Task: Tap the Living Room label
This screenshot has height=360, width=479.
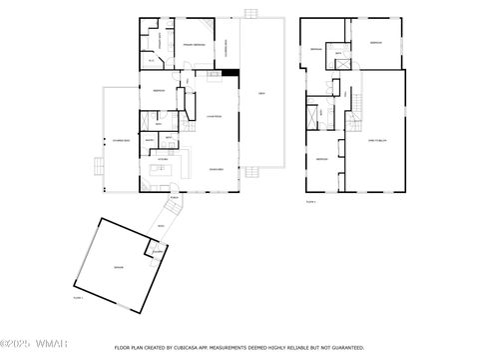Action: (x=214, y=117)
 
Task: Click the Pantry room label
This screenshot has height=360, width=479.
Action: (x=149, y=141)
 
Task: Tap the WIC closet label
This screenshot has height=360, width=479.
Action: (x=152, y=60)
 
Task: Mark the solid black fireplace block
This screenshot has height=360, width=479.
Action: (x=231, y=71)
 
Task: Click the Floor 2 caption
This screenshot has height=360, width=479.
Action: (x=311, y=202)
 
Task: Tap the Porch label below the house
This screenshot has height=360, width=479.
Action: (x=174, y=198)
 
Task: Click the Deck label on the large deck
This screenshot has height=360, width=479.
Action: (x=261, y=92)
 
